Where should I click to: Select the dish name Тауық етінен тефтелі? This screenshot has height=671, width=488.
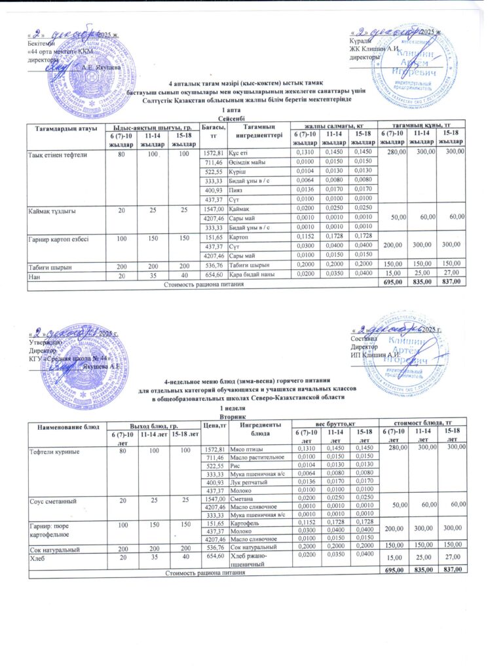pyautogui.click(x=53, y=154)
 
